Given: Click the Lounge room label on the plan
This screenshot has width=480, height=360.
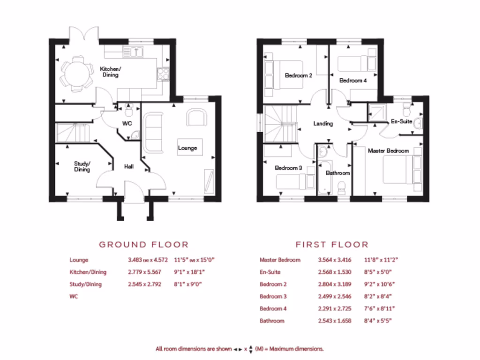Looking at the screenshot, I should (x=187, y=148).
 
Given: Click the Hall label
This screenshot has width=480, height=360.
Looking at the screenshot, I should (x=129, y=166).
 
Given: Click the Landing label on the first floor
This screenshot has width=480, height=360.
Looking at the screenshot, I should (x=323, y=124).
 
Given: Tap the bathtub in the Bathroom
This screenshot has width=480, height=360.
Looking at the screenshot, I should (x=324, y=173).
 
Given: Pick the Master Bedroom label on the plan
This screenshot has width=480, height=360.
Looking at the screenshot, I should (x=388, y=151).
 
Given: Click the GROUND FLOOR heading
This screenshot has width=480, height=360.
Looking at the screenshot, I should (x=143, y=244).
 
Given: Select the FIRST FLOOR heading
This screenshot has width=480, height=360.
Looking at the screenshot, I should (x=331, y=244).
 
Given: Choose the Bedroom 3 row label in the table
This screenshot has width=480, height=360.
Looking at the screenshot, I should (x=273, y=296).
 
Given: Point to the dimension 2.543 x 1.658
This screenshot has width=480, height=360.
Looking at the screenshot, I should (x=334, y=321).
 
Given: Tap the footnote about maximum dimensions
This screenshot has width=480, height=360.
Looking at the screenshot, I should (x=240, y=349).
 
